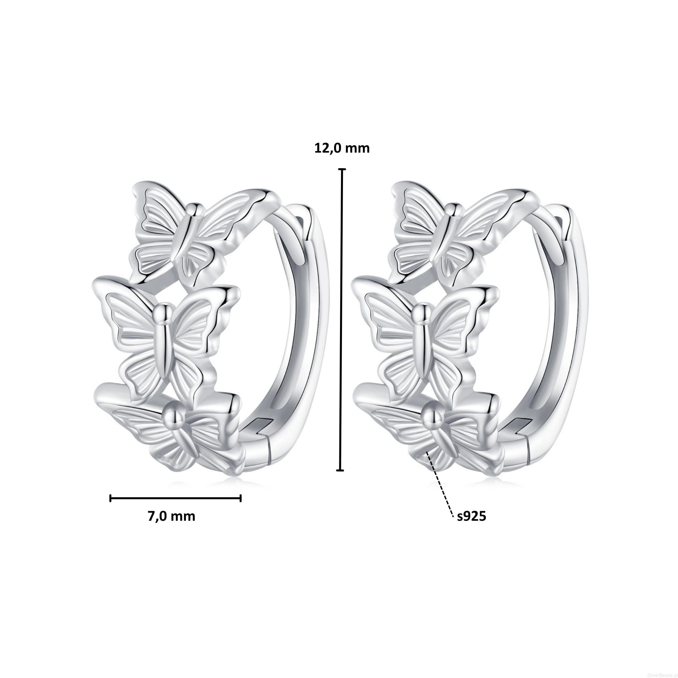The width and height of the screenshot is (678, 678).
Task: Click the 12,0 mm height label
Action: (342, 149)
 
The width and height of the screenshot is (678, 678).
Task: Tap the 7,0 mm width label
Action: (171, 516)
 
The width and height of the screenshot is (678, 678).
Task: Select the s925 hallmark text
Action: (472, 516)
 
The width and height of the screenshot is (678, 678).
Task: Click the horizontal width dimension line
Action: (175, 498)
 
